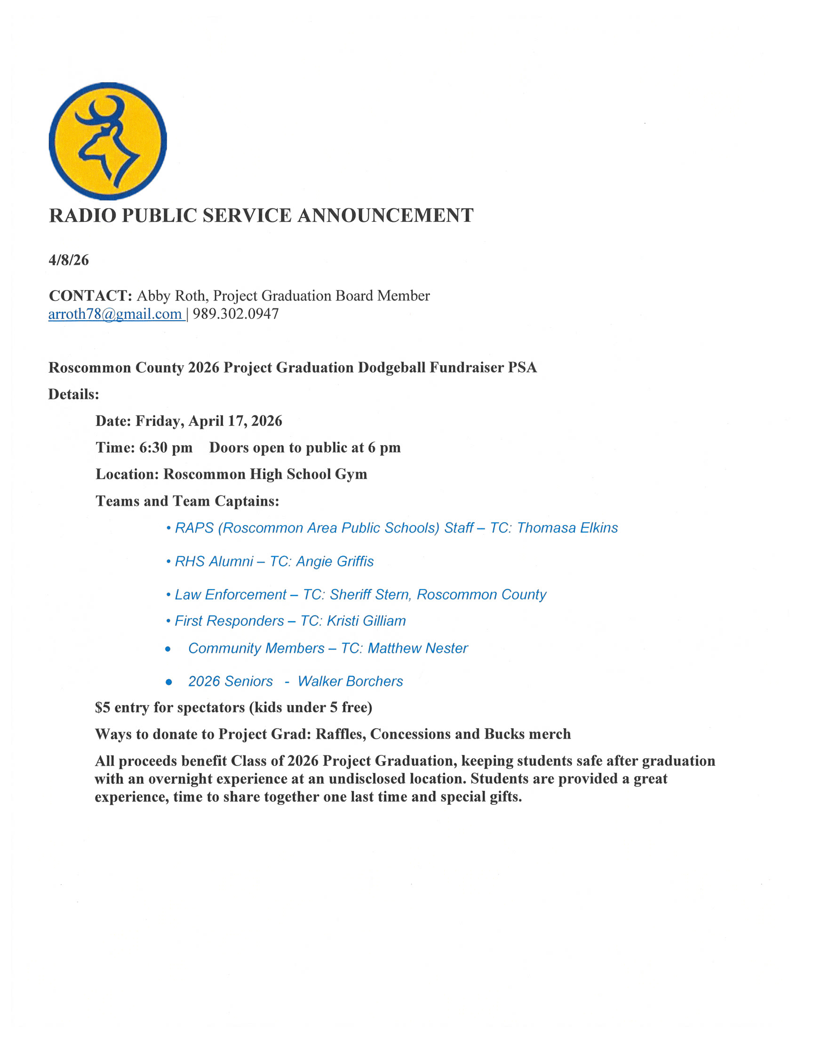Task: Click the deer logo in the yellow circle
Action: [x=108, y=141]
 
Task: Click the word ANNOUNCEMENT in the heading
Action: [x=385, y=216]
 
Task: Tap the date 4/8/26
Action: [x=69, y=260]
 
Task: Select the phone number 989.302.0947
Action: [x=236, y=315]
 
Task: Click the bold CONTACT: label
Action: [x=90, y=296]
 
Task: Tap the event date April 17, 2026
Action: [x=235, y=421]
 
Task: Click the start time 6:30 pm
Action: [x=166, y=448]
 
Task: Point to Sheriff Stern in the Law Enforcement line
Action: [x=369, y=595]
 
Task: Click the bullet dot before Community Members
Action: [x=168, y=649]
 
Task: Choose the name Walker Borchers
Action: [x=351, y=681]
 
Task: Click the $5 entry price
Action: [x=103, y=708]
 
